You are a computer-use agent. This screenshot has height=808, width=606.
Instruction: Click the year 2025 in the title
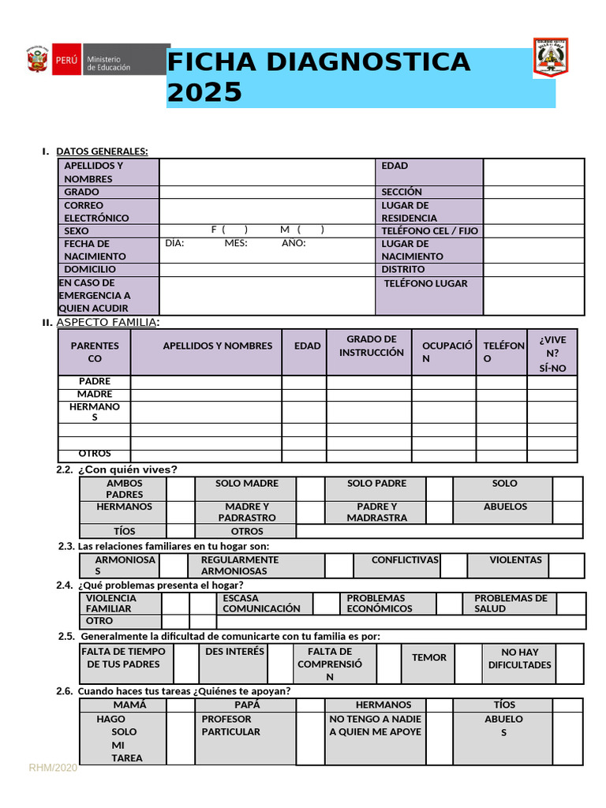(204, 92)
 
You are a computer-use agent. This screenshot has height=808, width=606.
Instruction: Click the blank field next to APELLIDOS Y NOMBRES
(267, 172)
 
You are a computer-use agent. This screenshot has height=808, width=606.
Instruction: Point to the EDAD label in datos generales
(395, 166)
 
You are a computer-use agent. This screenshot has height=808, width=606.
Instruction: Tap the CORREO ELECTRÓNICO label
(96, 211)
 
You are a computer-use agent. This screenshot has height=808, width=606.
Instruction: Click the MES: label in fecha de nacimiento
(236, 243)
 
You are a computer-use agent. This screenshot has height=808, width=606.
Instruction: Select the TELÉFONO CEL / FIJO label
(429, 230)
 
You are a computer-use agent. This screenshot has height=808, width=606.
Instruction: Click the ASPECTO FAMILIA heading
(107, 322)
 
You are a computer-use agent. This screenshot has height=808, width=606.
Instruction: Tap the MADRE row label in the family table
(95, 394)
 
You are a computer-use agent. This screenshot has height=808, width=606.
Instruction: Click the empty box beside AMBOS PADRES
(180, 488)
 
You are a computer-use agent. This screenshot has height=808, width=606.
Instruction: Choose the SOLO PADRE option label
(376, 484)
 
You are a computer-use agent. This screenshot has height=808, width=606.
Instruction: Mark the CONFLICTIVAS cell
(405, 560)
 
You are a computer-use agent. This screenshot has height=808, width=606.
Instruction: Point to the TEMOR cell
(428, 657)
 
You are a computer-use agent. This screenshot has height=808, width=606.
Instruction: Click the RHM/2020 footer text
(53, 768)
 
